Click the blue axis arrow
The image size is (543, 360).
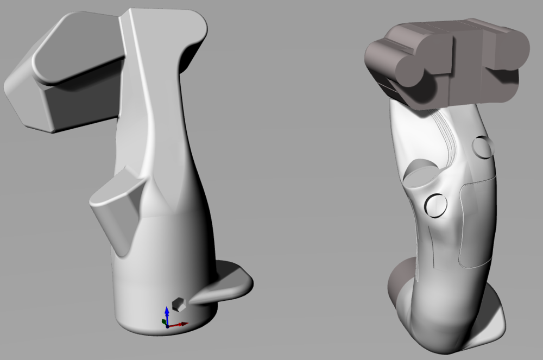tap(167, 313)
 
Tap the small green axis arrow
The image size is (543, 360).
tap(165, 321)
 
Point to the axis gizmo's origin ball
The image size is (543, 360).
tap(168, 325)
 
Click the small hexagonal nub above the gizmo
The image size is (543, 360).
tap(178, 304)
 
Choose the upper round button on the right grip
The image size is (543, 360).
tap(482, 146)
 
